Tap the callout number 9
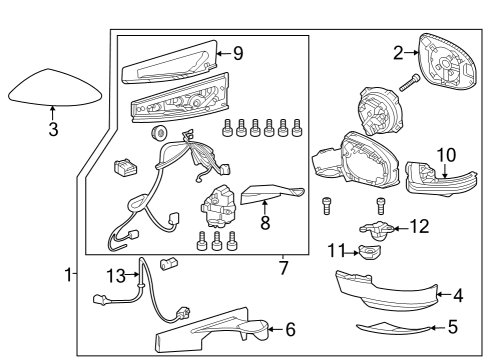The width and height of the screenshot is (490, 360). click(237, 54)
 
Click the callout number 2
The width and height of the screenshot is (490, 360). click(398, 53)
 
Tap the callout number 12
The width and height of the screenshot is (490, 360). click(419, 227)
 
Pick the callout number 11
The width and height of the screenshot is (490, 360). click(337, 249)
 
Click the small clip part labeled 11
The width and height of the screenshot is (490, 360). click(372, 253)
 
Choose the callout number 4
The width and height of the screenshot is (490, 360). click(459, 295)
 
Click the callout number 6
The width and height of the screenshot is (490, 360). click(290, 329)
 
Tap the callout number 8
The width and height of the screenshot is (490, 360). click(265, 222)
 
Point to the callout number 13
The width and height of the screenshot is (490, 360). click(116, 273)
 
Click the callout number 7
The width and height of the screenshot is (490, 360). click(283, 268)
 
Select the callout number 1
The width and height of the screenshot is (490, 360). click(67, 273)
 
